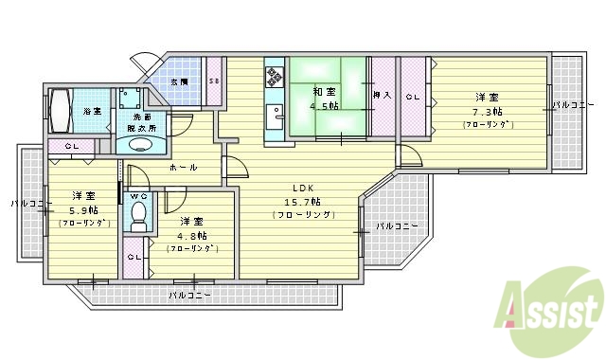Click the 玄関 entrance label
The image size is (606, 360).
179,82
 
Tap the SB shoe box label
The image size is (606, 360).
215,82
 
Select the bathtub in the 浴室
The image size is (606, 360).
61,112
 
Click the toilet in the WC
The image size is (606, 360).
139,218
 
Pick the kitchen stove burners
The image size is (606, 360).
275,76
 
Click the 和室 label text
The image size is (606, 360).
324,92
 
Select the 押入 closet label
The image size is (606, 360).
383,96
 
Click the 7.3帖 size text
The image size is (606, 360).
488,111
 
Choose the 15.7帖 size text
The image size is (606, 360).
303,202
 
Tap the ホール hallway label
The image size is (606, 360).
184,168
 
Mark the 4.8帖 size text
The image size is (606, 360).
192,235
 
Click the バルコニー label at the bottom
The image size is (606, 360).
189,296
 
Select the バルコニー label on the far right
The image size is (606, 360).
574,104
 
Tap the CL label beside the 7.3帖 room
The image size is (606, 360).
414,96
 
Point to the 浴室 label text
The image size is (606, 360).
93,111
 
